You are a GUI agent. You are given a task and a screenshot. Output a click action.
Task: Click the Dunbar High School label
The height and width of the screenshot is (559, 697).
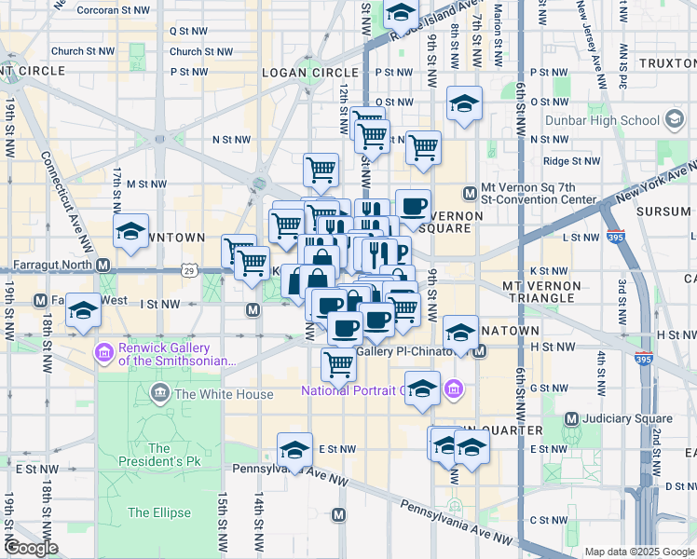coord(612,120)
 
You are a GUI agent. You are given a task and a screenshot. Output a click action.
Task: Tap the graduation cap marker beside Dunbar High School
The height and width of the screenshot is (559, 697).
coord(673,120)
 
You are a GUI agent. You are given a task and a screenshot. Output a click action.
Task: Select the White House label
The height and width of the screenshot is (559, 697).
coord(224,394)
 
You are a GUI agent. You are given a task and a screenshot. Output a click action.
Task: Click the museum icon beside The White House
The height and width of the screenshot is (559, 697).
coord(160,394)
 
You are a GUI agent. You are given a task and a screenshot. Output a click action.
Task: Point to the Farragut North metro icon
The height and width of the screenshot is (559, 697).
coord(103,265)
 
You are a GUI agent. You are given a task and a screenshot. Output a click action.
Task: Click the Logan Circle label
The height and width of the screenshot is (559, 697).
coord(297,72)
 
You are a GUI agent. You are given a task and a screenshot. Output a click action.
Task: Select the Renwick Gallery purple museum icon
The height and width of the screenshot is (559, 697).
coord(103,353)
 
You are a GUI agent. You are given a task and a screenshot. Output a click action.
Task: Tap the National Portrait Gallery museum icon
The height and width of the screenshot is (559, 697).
coord(454,389)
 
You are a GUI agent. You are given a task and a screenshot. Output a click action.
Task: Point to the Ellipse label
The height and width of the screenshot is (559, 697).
coord(158,512)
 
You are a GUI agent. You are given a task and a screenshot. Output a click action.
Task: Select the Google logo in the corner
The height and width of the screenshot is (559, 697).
coord(31,548)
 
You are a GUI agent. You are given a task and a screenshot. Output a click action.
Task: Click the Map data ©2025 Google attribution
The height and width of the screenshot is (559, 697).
coord(638,552)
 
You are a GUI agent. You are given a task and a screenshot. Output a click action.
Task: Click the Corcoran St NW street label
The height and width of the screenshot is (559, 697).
coord(113,9)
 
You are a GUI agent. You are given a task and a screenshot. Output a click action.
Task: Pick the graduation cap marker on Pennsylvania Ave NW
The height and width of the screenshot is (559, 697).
coord(295,450)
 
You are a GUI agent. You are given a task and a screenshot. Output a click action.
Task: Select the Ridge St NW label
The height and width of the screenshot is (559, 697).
coord(571,161)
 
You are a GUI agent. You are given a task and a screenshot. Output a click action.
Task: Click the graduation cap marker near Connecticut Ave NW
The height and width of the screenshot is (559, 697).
coord(131,233)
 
